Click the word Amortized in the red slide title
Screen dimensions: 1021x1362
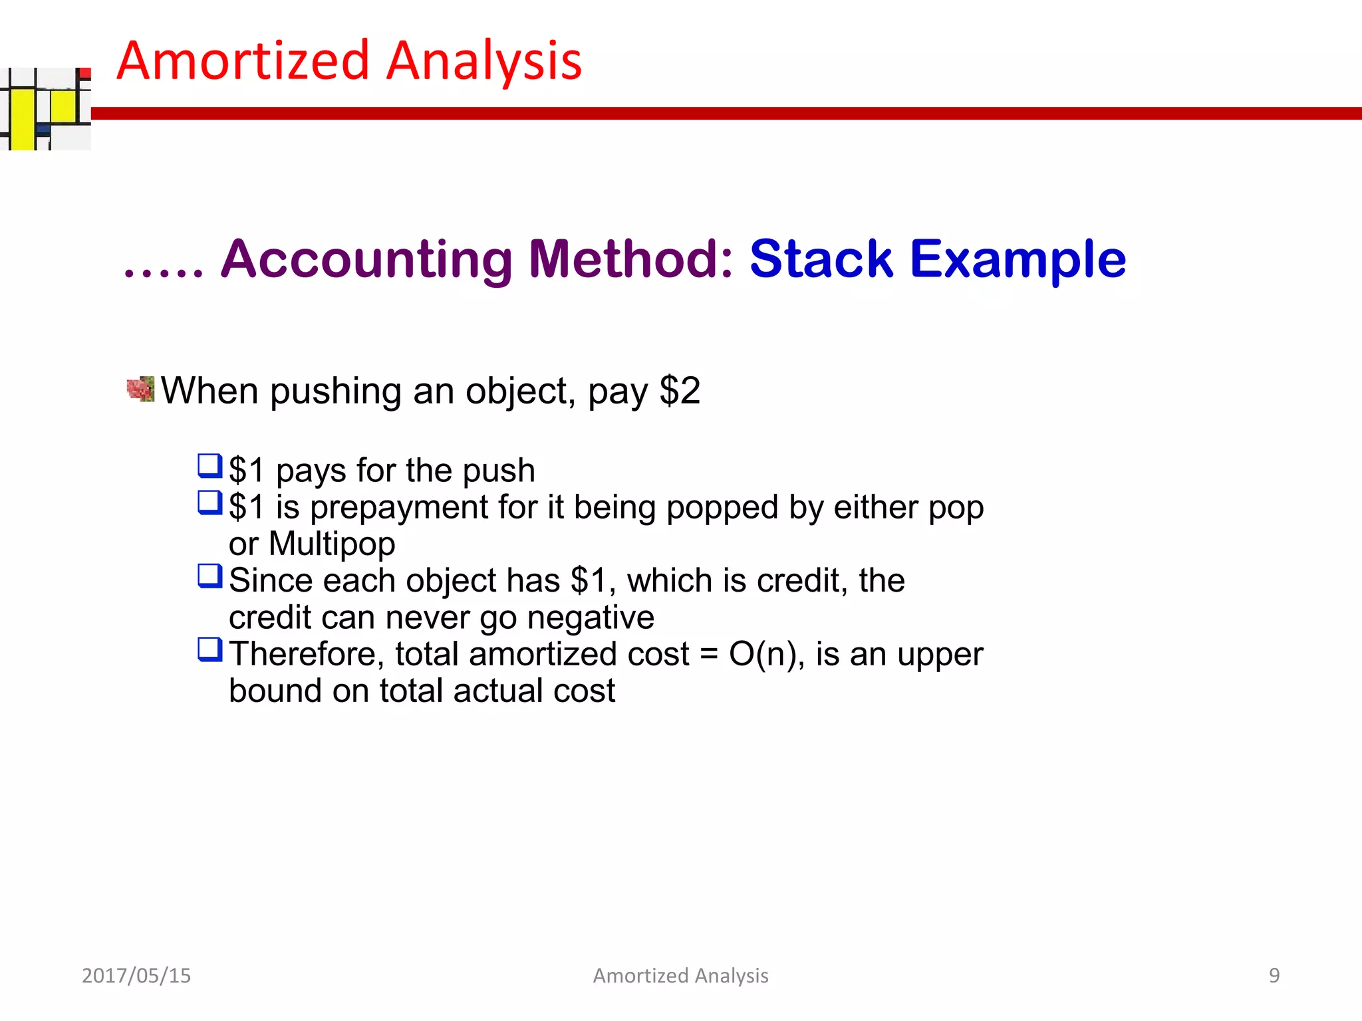[x=243, y=61]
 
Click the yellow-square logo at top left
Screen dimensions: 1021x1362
[x=45, y=109]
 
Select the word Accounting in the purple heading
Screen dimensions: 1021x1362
[x=366, y=259]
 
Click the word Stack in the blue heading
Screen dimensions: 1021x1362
[x=821, y=259]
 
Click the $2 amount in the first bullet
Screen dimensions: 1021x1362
[x=679, y=390]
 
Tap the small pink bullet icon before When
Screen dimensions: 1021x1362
[x=140, y=389]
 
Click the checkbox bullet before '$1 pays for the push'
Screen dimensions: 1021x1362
[x=209, y=466]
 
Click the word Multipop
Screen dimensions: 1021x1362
[x=332, y=544]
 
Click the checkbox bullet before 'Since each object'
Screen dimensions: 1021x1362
[x=209, y=576]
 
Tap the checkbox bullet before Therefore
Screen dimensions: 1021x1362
[x=209, y=649]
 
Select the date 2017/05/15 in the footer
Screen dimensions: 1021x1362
[x=136, y=975]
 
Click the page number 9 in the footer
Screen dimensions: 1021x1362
[x=1274, y=975]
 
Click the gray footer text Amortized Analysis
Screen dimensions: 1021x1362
[x=680, y=975]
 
